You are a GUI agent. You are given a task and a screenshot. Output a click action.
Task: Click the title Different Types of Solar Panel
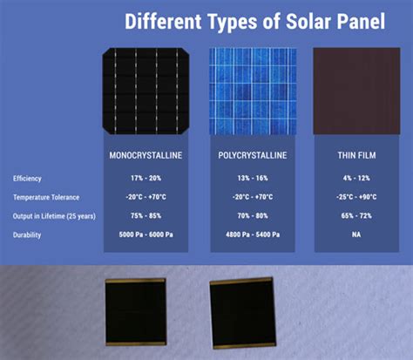coord(254,20)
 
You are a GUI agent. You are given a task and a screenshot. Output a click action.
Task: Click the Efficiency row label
coord(27,178)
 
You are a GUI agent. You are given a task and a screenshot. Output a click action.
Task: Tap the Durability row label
coord(27,235)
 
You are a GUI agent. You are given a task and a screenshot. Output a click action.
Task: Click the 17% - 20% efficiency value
coord(146,178)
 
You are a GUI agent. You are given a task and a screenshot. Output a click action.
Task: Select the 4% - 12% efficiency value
coord(356,178)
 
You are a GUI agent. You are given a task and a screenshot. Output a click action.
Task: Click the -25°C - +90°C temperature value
coord(356,197)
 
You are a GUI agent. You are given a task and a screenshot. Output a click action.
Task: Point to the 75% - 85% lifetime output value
coord(146,216)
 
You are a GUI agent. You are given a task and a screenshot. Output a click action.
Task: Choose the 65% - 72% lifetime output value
coord(356,216)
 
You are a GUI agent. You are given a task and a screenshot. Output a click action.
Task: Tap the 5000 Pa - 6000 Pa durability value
coord(146,235)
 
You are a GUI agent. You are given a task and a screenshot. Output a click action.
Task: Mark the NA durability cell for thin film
coord(356,235)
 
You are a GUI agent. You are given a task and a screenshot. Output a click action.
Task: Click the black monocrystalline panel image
coord(146,91)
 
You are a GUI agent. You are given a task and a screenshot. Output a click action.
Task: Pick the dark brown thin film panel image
coord(356,91)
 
